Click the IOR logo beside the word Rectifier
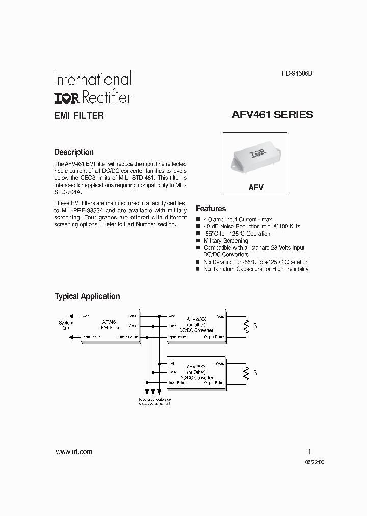pos(67,97)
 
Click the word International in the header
pos(93,80)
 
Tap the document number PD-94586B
pos(297,73)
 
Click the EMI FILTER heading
pos(79,116)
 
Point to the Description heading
pos(74,152)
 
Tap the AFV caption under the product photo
pos(256,187)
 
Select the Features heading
pos(211,209)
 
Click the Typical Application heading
pos(87,296)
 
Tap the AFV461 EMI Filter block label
pos(110,325)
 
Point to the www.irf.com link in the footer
pos(73,452)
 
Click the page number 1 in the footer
pos(309,452)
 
